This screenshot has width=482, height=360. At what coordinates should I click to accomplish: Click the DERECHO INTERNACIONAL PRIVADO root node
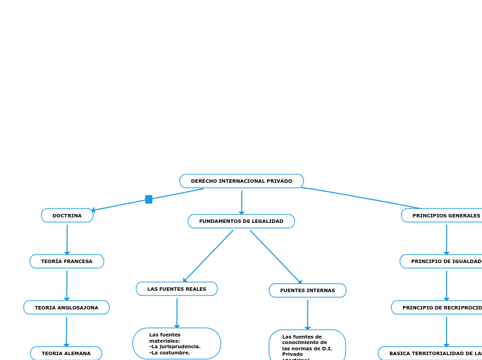(241, 181)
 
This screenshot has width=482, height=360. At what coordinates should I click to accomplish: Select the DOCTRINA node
(67, 215)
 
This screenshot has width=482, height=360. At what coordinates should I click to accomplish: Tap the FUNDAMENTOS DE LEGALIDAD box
(241, 221)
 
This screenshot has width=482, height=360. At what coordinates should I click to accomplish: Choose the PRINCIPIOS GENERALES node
(444, 215)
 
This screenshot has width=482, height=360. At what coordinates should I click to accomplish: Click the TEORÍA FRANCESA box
(66, 261)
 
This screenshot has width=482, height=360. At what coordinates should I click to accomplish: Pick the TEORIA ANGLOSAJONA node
(66, 307)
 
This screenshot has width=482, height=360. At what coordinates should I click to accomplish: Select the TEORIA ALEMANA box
(66, 353)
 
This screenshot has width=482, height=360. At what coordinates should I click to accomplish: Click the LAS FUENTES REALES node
(177, 289)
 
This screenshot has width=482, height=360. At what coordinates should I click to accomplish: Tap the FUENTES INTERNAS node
(307, 290)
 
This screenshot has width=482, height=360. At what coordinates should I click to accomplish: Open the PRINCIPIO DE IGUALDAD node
(443, 261)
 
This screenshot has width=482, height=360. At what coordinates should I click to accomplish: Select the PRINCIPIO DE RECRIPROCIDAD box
(440, 307)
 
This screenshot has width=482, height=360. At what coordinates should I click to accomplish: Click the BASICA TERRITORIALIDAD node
(433, 353)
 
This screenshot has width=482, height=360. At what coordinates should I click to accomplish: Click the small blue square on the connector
(148, 199)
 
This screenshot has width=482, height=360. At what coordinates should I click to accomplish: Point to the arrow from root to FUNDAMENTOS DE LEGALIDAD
(242, 201)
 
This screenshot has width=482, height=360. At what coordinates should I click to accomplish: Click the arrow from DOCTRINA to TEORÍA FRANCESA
(67, 239)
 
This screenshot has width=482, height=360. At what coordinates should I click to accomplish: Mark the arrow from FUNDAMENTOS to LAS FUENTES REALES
(208, 256)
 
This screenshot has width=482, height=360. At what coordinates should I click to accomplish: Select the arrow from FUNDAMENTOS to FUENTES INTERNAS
(276, 257)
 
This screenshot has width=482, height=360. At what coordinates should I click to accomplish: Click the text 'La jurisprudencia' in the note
(176, 346)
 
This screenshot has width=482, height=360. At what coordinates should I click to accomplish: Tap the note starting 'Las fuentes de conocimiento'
(307, 345)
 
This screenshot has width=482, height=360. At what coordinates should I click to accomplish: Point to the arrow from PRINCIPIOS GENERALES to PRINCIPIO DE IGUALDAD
(446, 239)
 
